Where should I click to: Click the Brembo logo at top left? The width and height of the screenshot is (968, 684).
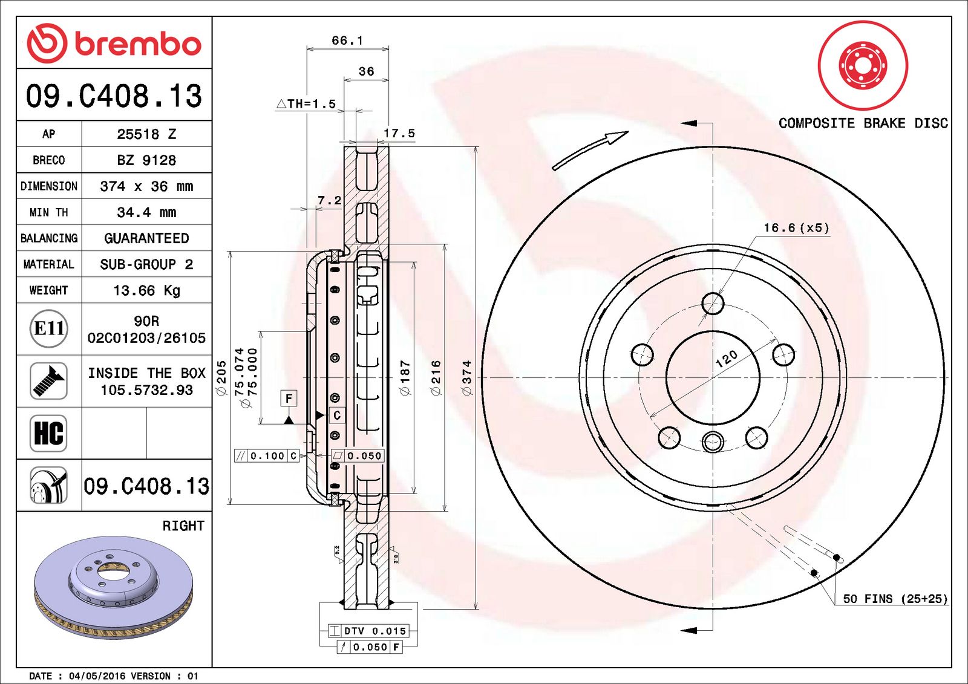point(114,43)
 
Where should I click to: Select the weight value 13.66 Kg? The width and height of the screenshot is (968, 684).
point(146,291)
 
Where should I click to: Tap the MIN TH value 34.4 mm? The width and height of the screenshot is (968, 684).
point(146,212)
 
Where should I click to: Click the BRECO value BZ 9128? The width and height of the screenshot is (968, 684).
point(146,160)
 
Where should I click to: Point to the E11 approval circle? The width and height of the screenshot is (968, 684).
point(48,328)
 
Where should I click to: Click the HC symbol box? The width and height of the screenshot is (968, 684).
point(48,433)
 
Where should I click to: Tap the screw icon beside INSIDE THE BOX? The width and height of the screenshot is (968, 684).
point(48,381)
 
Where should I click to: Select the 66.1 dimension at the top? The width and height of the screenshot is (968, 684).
point(347,41)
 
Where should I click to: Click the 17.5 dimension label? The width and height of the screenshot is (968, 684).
point(399,133)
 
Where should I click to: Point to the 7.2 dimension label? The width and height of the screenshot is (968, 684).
point(330,200)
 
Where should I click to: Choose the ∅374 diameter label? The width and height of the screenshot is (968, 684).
point(466,378)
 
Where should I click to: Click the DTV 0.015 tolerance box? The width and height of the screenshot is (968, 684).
point(368,631)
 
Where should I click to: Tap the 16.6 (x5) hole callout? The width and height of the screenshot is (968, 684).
point(796,228)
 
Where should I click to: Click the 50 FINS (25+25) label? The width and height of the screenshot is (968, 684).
point(895,599)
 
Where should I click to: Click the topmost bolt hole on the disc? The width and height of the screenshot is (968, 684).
point(713,304)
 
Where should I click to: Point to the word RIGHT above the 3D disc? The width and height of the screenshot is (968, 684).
point(183,526)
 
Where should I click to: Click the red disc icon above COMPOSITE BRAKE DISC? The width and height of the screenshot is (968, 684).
point(863,65)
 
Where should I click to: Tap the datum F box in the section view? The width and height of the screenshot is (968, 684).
point(289,398)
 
